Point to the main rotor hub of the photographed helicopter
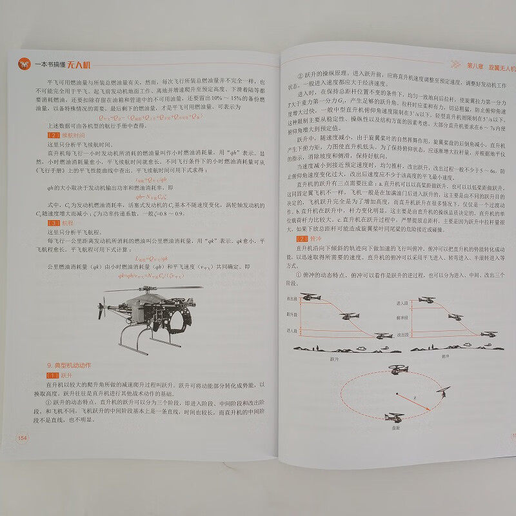coord(142,290)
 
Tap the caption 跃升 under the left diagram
coord(334,357)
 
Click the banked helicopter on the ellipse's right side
coord(444,392)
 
